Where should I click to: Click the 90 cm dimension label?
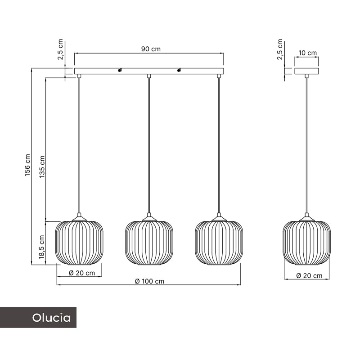tap(151, 49)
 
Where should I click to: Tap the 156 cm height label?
tap(27, 165)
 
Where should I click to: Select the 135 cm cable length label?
tap(42, 167)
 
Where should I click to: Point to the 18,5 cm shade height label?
tap(41, 247)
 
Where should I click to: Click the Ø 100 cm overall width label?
tap(150, 281)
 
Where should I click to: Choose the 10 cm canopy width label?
tap(307, 53)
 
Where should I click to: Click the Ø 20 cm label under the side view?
tap(309, 275)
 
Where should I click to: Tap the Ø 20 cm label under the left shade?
tap(82, 273)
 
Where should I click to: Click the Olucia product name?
tap(51, 318)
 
